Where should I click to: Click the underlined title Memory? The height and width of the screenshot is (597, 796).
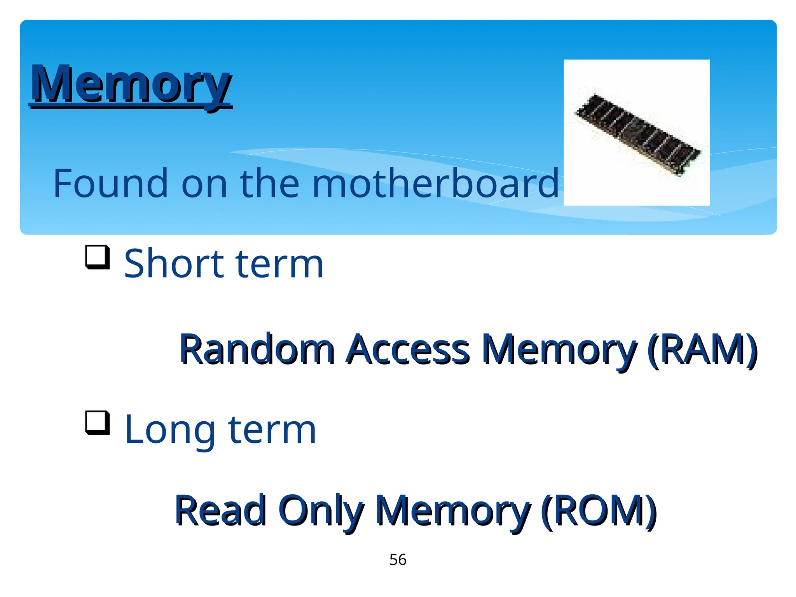click(x=131, y=84)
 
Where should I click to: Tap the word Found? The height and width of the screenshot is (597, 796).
click(x=110, y=183)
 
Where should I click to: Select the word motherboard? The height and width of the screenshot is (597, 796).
click(x=435, y=183)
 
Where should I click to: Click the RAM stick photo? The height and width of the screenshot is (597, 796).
click(x=637, y=133)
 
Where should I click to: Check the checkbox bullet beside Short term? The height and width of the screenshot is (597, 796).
click(x=97, y=257)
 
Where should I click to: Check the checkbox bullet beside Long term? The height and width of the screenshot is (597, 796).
click(x=97, y=423)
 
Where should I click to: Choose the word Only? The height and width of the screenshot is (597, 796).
click(x=321, y=511)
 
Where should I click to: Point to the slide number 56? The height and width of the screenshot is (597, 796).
click(x=398, y=560)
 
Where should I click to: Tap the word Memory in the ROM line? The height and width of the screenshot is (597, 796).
click(x=453, y=511)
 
